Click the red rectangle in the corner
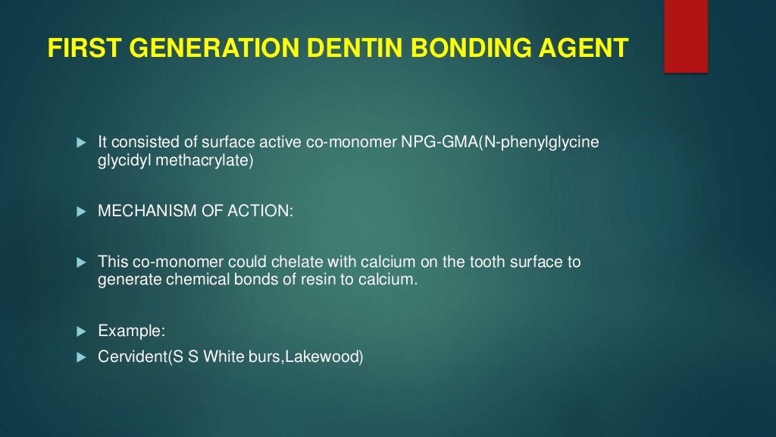pos(686,36)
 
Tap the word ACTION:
pos(260,211)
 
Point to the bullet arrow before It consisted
pos(82,143)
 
